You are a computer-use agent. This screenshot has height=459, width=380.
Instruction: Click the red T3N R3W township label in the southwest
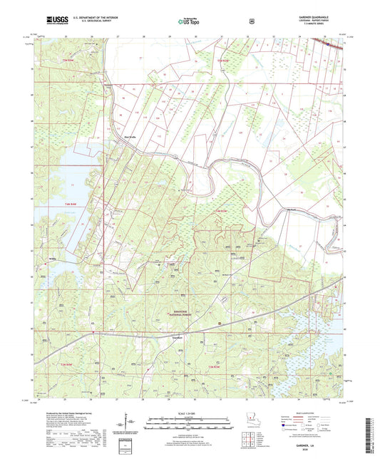coord(60,365)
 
